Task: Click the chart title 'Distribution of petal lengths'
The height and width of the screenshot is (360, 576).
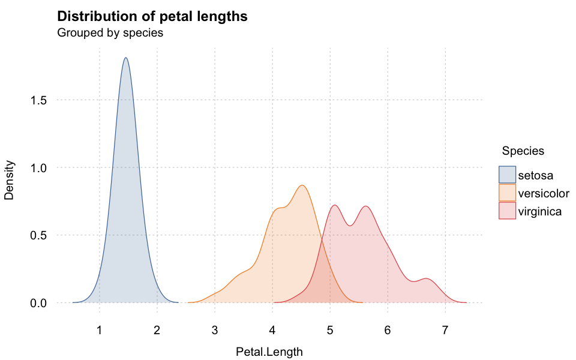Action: coord(152,17)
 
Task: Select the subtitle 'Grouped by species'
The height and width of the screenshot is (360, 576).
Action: coord(110,32)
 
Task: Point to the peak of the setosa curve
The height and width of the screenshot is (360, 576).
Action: coord(126,58)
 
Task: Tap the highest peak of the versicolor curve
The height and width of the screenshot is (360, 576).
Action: coord(302,185)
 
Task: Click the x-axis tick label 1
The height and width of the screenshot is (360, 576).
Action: coord(99,330)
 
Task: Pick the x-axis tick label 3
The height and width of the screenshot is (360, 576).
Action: coord(215,330)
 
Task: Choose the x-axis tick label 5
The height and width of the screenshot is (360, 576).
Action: coord(330,330)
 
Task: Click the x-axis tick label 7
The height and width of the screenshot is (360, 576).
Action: coord(445,330)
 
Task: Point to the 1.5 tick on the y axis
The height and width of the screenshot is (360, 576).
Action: coord(38,100)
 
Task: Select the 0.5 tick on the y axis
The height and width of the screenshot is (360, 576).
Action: coord(38,235)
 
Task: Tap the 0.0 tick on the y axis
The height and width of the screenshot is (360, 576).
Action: coord(38,303)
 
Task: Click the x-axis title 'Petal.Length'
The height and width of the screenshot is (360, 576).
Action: coord(269,352)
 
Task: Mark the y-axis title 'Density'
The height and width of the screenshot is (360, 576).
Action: coord(9,180)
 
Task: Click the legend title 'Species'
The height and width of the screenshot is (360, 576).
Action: coord(523,151)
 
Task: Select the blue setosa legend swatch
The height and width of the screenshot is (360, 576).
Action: coord(508,175)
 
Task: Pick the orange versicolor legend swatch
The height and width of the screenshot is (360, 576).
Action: coord(508,193)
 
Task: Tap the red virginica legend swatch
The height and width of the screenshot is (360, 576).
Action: coord(508,211)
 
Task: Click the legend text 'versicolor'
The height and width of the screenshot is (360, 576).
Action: coord(544,193)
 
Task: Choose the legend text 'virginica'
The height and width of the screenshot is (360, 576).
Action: coord(540,212)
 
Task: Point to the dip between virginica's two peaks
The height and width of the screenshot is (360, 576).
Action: coord(350,226)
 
